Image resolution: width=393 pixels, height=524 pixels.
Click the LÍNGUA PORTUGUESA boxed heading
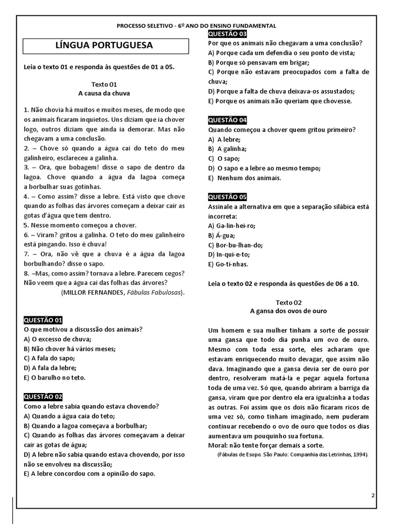pos(104,46)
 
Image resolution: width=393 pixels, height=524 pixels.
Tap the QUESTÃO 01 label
pos(43,320)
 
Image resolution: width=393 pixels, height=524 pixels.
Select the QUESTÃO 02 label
pos(43,397)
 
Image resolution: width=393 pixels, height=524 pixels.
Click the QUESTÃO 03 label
pos(228,34)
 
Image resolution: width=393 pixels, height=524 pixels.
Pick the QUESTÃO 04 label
pos(228,120)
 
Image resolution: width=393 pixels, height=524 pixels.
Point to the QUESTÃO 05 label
pos(228,197)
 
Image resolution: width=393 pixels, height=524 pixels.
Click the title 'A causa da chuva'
pos(104,93)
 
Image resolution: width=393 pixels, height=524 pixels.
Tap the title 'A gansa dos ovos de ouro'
pos(288,311)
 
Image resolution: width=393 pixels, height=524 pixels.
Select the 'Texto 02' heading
pos(289,302)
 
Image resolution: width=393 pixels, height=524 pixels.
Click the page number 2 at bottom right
pos(373,495)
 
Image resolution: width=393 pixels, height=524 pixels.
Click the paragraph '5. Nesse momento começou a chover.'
pos(80,225)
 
